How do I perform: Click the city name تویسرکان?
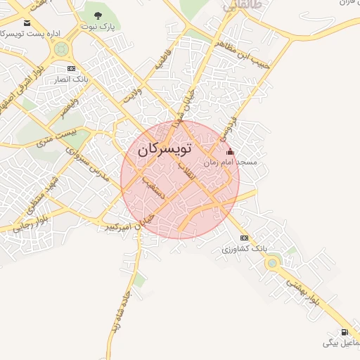(165, 150)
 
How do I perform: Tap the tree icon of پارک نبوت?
(98, 16)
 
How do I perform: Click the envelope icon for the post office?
(27, 23)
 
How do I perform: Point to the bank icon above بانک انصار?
(71, 68)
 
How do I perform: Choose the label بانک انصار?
(72, 79)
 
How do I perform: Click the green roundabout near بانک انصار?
(61, 49)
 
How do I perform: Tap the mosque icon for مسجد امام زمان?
(230, 152)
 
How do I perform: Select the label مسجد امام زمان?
(231, 162)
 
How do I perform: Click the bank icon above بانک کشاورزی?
(244, 238)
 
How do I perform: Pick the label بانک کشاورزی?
(245, 248)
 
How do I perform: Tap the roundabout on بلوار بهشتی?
(272, 263)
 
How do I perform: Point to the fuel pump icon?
(343, 332)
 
